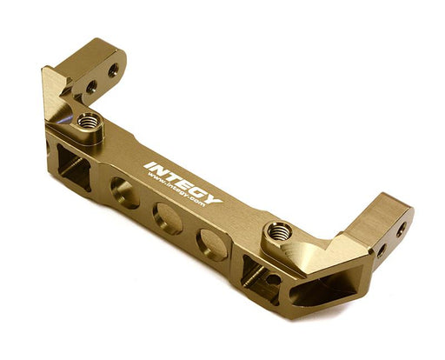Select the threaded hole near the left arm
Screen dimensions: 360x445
point(87,121)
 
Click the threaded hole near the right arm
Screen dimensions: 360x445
point(279,232)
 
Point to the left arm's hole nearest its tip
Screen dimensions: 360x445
point(112,70)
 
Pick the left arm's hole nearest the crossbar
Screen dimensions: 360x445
point(90,86)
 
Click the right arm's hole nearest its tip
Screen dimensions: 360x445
point(401,230)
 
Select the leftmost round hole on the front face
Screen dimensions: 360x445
point(124,193)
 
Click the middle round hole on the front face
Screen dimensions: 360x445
point(167,218)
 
